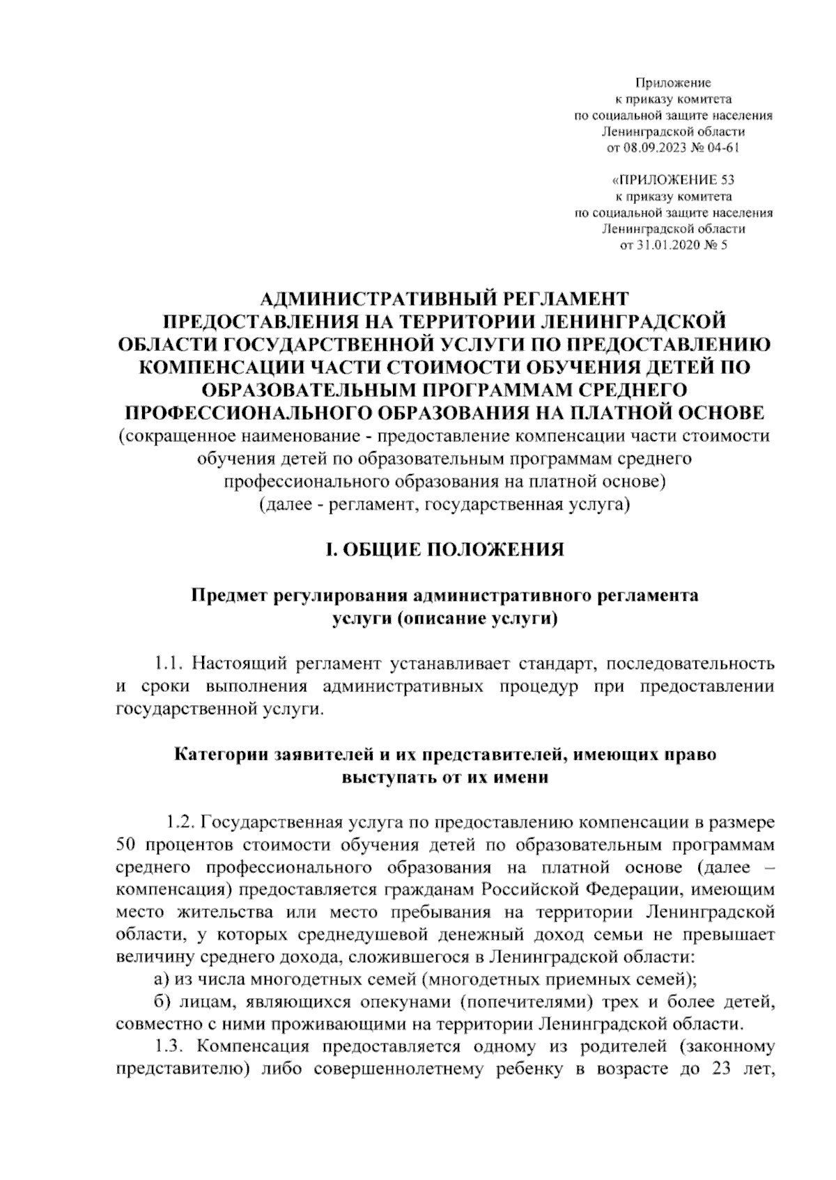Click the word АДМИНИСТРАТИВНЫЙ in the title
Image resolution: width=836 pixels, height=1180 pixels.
tap(369, 299)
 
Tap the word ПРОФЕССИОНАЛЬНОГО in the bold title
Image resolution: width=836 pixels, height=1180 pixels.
tap(251, 414)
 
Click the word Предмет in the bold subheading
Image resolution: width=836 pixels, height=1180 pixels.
tap(226, 597)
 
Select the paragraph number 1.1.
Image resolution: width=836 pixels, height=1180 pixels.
tap(170, 661)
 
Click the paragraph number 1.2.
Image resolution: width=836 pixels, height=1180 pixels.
tap(178, 822)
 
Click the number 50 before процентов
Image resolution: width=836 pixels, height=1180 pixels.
tap(127, 845)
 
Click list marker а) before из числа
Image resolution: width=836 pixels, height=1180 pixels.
tap(161, 980)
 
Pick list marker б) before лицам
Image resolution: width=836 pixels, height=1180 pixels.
tap(161, 1002)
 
